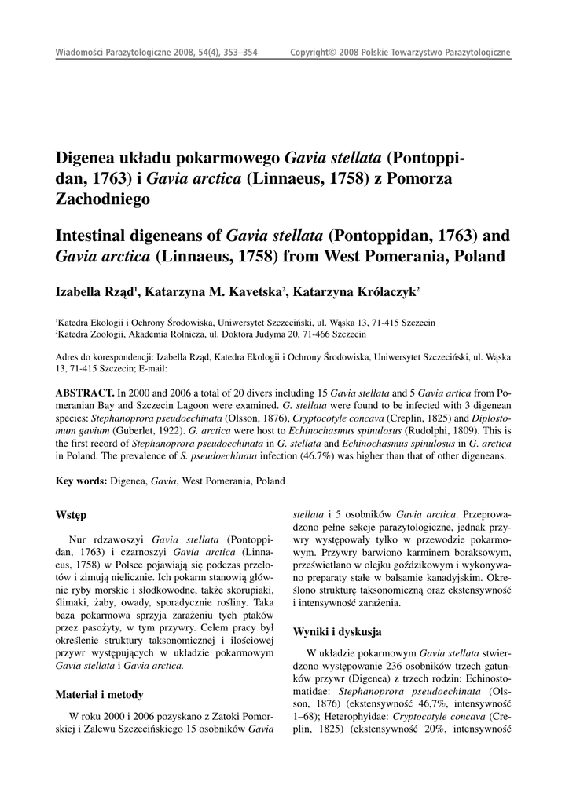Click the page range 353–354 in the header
pos(239,53)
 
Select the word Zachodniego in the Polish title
pos(101,199)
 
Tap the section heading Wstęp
pos(71,515)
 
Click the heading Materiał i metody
pos(99,695)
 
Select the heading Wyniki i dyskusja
pos(337,631)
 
